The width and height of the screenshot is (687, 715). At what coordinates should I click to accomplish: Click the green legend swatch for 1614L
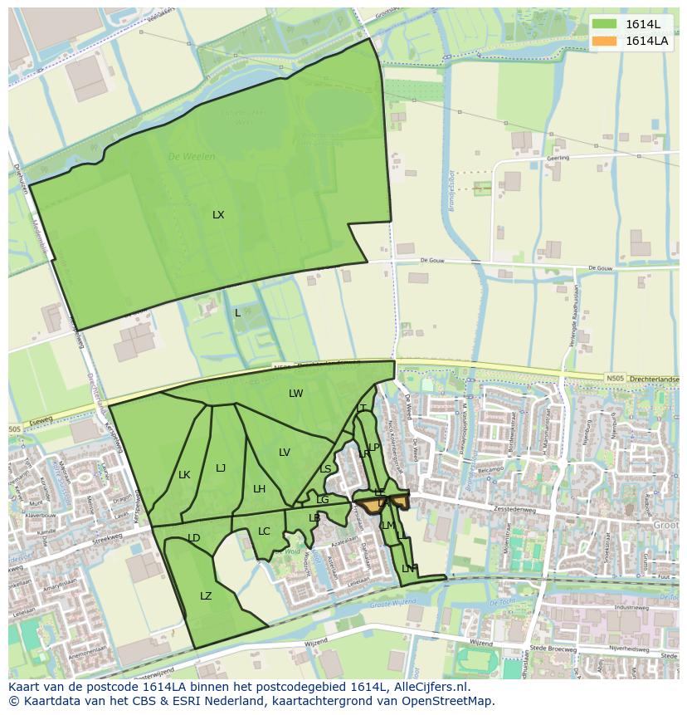coord(606,24)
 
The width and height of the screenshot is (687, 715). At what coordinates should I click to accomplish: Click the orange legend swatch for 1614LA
coord(606,41)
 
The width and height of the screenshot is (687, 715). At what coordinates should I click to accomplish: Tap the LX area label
coord(218,215)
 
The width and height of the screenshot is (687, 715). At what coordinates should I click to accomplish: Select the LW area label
coord(295,394)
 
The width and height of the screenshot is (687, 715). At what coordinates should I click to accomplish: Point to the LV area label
coord(285,453)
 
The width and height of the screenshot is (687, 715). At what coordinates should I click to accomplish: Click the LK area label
coord(184,475)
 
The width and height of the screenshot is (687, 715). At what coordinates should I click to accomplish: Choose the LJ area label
coord(221,468)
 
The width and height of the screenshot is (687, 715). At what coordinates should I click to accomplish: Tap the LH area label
coord(259,489)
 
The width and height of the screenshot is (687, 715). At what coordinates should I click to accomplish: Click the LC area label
coord(264,531)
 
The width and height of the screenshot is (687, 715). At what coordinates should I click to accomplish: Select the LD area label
coord(193,538)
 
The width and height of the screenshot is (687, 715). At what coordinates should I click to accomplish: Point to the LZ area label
coord(206,596)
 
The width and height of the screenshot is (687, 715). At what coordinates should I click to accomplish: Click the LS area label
coord(325,469)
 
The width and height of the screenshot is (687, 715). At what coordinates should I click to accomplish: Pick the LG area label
coord(322,500)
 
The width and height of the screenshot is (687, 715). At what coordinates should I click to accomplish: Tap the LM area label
coord(387,526)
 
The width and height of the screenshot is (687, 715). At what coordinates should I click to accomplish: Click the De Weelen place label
coord(192,156)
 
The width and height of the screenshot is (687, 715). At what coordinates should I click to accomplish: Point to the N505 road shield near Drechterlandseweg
coord(615,379)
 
